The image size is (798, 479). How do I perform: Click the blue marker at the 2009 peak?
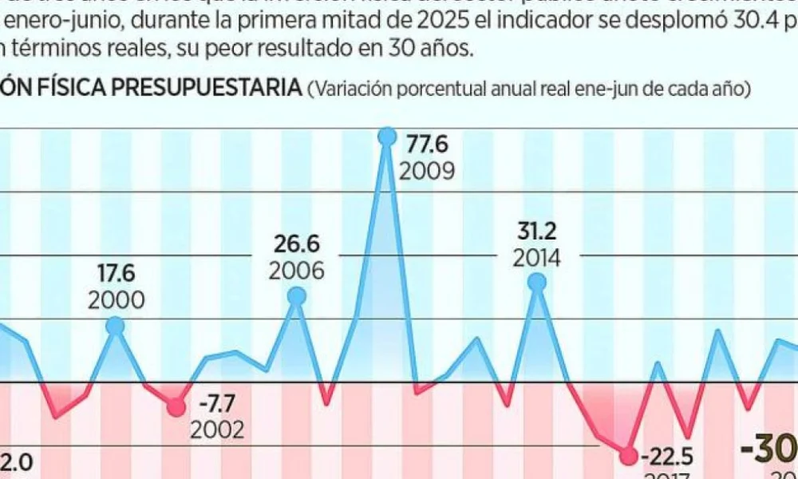pyautogui.click(x=387, y=137)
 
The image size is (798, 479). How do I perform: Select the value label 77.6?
pyautogui.click(x=427, y=144)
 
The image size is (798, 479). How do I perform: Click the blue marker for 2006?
pyautogui.click(x=296, y=296)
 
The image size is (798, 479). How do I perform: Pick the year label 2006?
pyautogui.click(x=296, y=271)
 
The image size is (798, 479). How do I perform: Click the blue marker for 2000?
pyautogui.click(x=116, y=326)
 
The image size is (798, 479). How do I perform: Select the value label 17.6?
pyautogui.click(x=116, y=274)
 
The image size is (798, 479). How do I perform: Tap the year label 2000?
pyautogui.click(x=116, y=300)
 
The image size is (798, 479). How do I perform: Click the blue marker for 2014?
pyautogui.click(x=537, y=282)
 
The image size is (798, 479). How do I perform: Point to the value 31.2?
pyautogui.click(x=537, y=232)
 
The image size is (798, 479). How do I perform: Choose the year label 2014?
pyautogui.click(x=537, y=258)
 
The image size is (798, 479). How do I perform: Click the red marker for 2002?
pyautogui.click(x=176, y=408)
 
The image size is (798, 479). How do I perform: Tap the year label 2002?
pyautogui.click(x=216, y=431)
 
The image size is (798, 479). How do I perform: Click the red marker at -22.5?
pyautogui.click(x=629, y=456)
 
